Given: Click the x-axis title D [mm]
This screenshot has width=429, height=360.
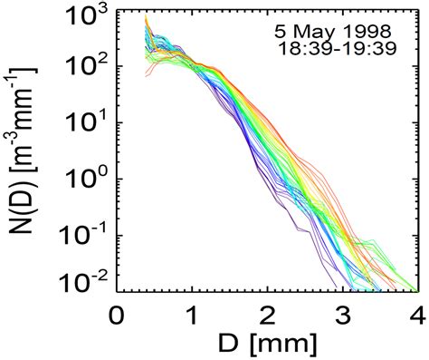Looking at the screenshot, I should click(266, 345).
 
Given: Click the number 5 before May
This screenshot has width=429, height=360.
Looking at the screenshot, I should click(281, 30).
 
